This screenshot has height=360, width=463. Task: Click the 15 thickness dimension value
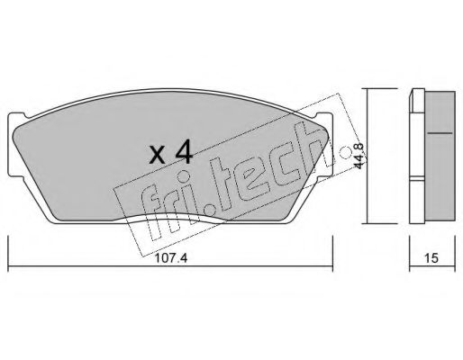[433, 256]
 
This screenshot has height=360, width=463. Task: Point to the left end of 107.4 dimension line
[8, 265]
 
